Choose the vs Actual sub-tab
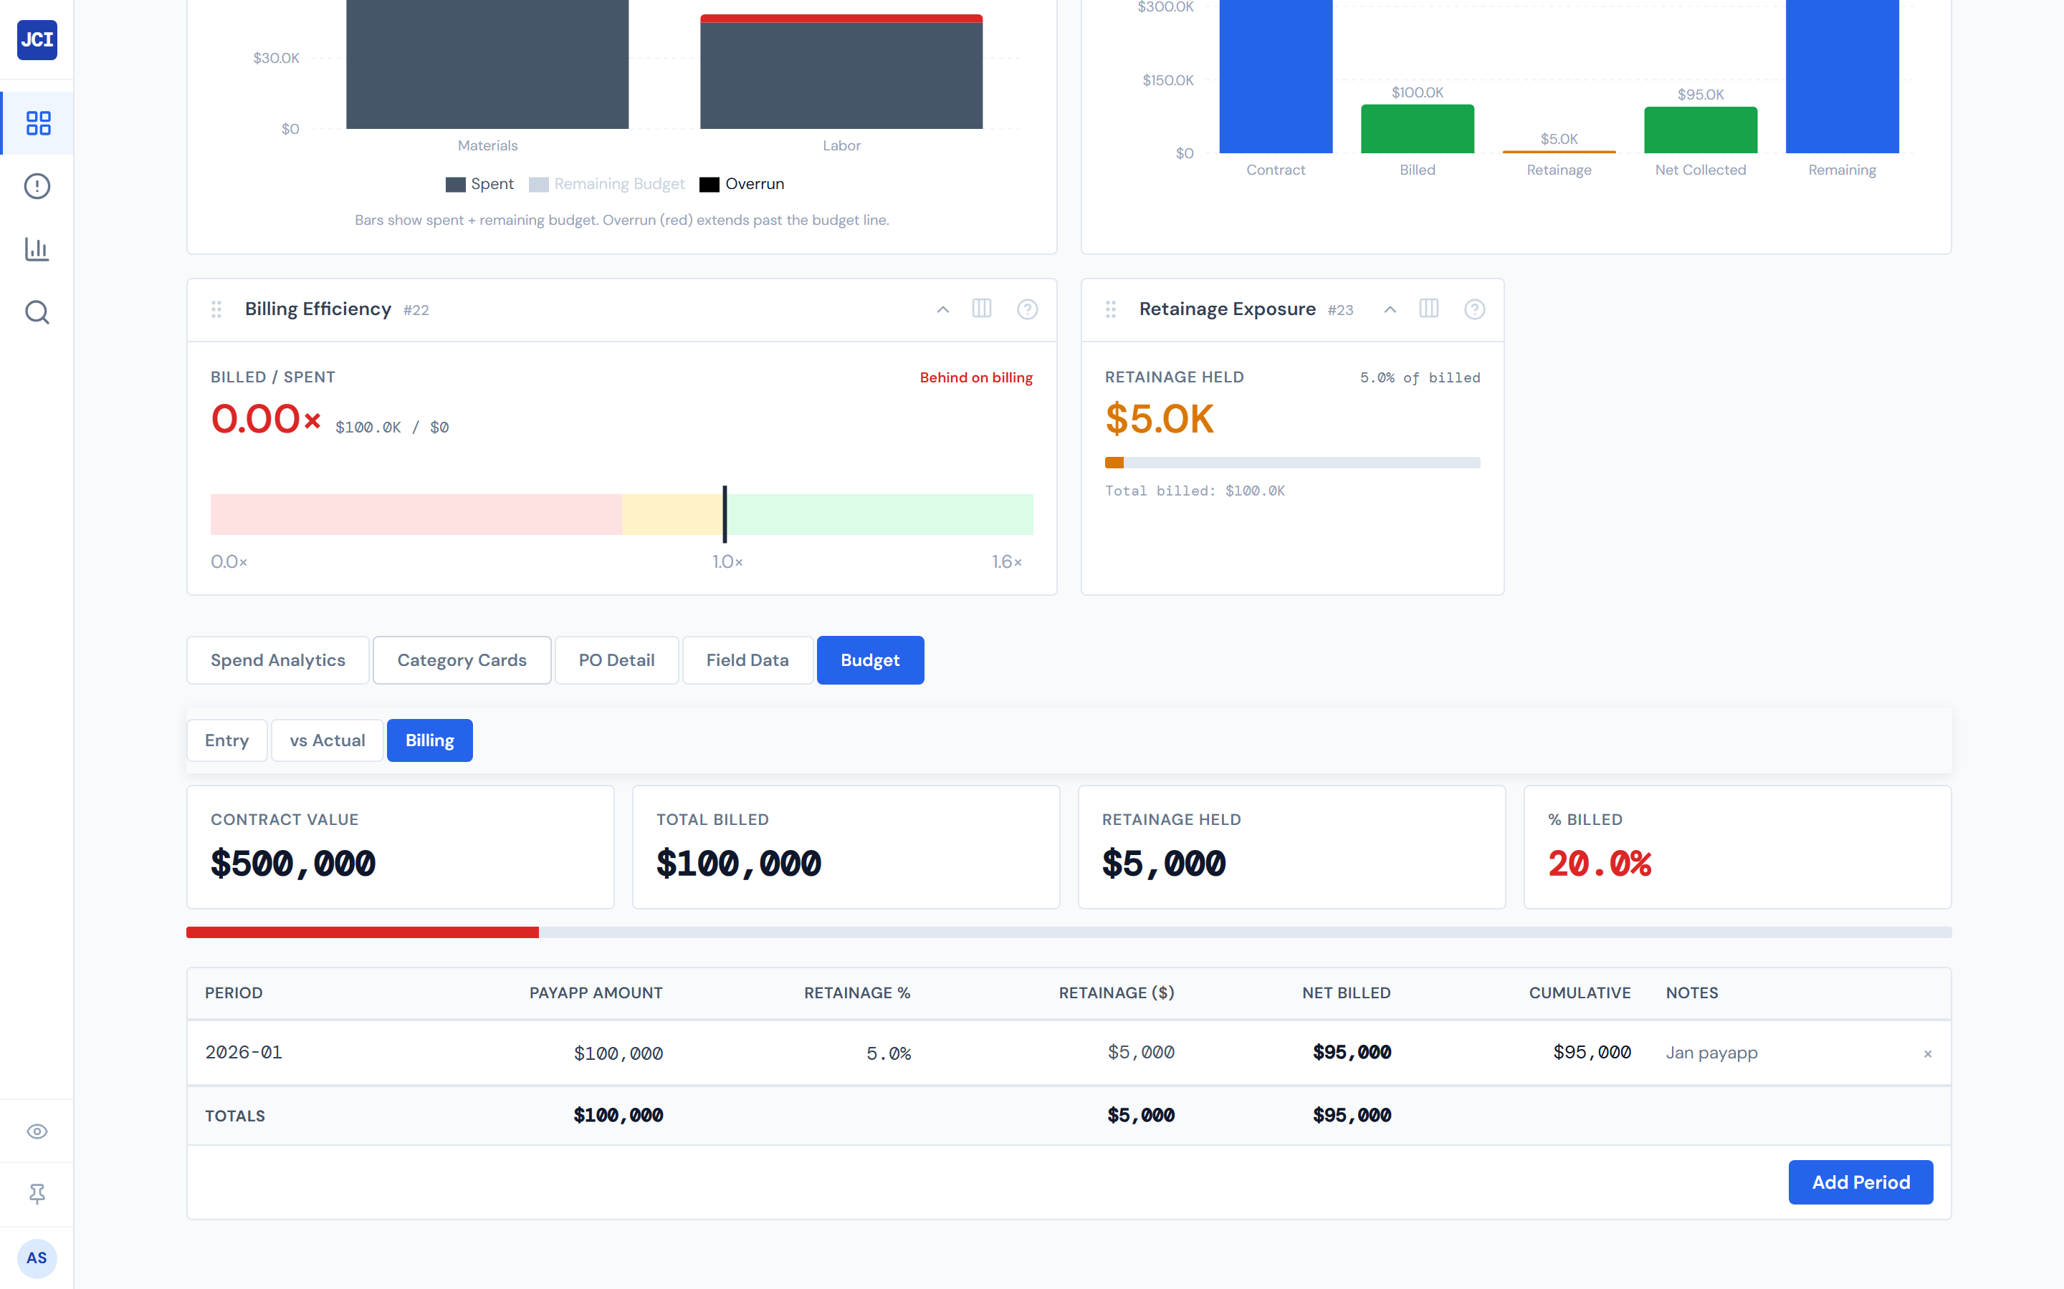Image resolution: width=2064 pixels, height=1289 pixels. point(327,740)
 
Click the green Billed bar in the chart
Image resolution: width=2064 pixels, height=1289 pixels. point(1417,130)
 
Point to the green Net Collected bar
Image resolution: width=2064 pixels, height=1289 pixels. point(1700,130)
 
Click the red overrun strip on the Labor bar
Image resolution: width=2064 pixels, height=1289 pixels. point(841,18)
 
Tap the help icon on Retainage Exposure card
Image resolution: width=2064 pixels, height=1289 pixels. point(1473,309)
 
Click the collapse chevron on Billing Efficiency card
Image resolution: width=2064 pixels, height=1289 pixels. point(942,309)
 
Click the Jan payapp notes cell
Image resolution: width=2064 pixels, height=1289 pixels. point(1711,1052)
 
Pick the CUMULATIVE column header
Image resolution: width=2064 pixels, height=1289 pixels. point(1579,993)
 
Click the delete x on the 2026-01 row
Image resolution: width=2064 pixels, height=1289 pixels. point(1926,1053)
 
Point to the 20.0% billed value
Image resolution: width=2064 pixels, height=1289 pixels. point(1599,864)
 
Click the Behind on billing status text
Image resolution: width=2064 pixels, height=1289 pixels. point(975,377)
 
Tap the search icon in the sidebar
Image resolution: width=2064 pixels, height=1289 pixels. point(37,312)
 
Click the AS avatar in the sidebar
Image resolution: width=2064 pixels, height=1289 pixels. point(37,1257)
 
